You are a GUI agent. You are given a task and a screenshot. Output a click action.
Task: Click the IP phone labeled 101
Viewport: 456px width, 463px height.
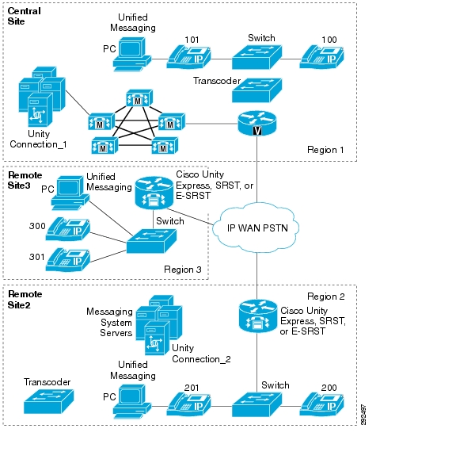[x=188, y=57]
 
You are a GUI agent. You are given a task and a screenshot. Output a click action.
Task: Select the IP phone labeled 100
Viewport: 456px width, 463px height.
[x=322, y=57]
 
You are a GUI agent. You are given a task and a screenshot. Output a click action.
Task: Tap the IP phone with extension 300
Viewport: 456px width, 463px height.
[x=68, y=229]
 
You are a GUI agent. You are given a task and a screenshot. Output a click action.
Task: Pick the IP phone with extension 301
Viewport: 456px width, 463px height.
[x=68, y=259]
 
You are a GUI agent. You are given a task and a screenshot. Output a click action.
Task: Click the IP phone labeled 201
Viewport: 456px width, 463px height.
[x=188, y=404]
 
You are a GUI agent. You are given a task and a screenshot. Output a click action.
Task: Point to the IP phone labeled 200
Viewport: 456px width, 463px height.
[x=322, y=404]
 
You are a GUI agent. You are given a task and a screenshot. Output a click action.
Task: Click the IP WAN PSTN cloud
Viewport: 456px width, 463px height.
[x=256, y=228]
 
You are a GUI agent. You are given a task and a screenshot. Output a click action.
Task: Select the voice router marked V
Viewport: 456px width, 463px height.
[x=257, y=124]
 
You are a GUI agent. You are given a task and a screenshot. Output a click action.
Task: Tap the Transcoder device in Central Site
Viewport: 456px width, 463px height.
[x=256, y=90]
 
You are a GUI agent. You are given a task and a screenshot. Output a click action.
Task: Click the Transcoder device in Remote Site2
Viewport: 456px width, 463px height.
[x=48, y=402]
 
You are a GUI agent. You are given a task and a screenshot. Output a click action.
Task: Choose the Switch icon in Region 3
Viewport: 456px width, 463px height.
[x=151, y=241]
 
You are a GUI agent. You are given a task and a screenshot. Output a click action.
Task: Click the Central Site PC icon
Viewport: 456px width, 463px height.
[x=131, y=55]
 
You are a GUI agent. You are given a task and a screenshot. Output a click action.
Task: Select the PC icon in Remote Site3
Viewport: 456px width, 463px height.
[x=70, y=193]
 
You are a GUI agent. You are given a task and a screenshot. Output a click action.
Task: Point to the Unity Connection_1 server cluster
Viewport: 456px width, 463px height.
[x=42, y=97]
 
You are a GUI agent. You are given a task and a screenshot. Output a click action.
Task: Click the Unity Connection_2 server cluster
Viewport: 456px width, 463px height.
[x=159, y=325]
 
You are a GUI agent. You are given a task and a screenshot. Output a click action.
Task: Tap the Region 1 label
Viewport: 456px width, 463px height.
[x=325, y=150]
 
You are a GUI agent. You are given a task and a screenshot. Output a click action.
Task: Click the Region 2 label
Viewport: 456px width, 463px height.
[x=325, y=297]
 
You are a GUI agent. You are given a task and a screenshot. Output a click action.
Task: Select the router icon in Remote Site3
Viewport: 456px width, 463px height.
[x=154, y=193]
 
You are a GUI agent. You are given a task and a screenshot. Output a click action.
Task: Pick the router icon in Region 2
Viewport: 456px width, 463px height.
[x=258, y=316]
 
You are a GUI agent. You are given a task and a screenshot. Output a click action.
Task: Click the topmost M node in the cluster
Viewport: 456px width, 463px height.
[x=139, y=98]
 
